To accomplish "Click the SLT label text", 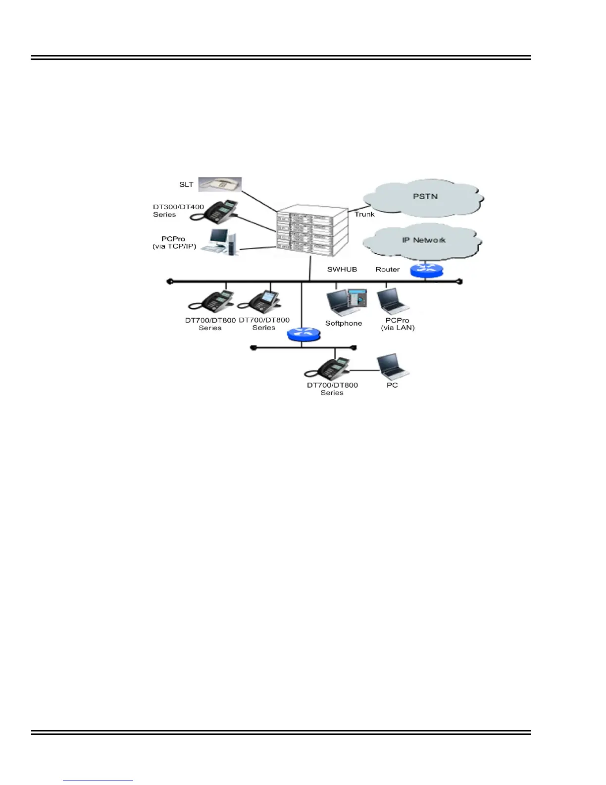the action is (x=186, y=185).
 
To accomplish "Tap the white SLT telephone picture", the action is (x=220, y=184).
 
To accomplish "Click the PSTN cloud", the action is (x=425, y=197).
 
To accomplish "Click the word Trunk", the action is (x=364, y=214).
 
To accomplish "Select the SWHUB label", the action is (x=342, y=270).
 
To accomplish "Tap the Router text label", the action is (x=387, y=270).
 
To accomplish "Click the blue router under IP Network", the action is (x=426, y=271).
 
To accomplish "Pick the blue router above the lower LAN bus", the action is (x=303, y=335).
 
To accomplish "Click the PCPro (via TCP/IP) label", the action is (x=174, y=242).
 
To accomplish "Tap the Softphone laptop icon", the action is (x=346, y=302).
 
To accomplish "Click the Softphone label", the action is (x=344, y=323).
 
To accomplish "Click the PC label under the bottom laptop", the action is (x=392, y=385).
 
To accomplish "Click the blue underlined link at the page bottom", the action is (x=98, y=781).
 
